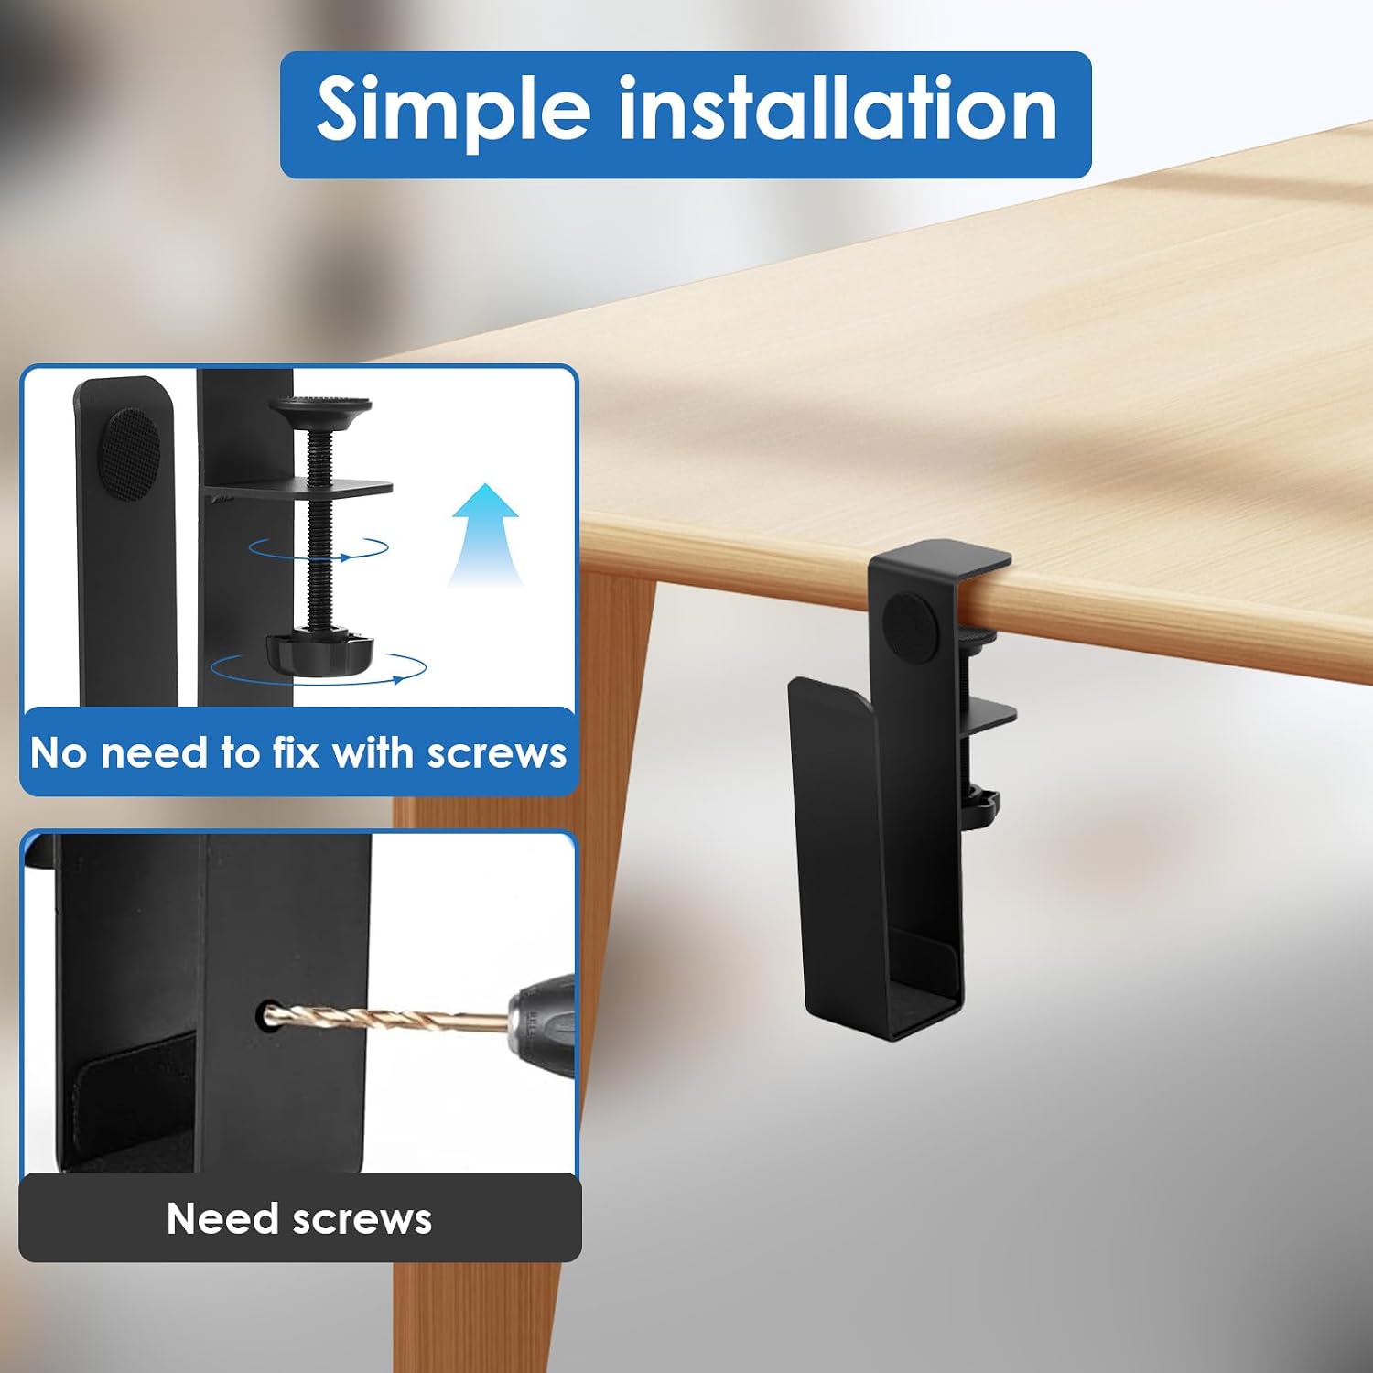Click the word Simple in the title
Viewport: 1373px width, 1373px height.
click(453, 112)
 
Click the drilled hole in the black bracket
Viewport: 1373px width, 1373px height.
click(268, 1014)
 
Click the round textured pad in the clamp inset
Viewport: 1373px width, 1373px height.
click(129, 455)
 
